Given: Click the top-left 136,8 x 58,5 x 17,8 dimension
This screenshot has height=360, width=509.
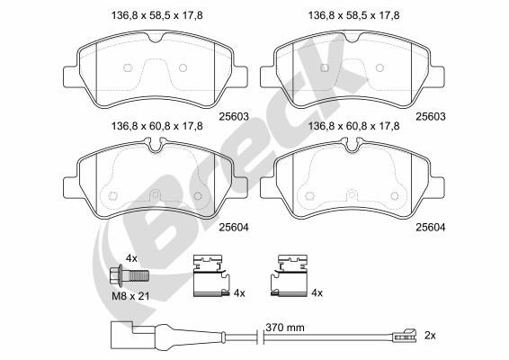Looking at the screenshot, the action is pos(157,15).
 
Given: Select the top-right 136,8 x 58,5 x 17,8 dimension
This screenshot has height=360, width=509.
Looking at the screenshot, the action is pos(353,15).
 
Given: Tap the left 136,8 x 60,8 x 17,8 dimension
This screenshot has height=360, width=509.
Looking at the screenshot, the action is pos(157,126).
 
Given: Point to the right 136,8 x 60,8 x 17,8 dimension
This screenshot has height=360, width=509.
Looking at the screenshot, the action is pos(353,126).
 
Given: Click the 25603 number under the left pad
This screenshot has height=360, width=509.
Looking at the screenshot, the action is pos(234,116).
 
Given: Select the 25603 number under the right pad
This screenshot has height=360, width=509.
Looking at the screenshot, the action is pos(431,116).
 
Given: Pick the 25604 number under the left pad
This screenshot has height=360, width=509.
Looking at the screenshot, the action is pos(234,227).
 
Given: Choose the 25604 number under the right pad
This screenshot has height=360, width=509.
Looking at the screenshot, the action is pos(431,227).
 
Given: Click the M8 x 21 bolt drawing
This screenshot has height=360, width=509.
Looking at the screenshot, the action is pos(129,275).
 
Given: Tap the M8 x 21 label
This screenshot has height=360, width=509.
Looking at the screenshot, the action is pos(130,296).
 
